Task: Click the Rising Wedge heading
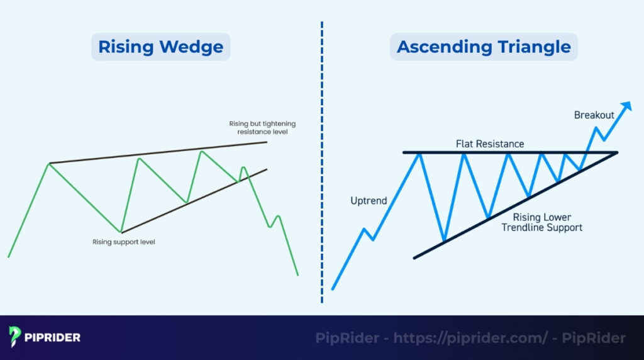[160, 47]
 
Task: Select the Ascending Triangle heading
[484, 47]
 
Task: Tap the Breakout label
[594, 116]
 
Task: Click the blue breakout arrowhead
[626, 106]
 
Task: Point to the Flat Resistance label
[490, 144]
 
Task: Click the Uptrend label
[369, 201]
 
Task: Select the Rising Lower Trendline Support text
[541, 222]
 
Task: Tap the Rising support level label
[123, 242]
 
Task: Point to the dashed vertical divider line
[322, 164]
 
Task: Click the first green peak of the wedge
[49, 164]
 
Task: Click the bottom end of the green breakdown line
[297, 274]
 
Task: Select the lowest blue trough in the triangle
[444, 241]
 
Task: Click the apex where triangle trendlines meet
[617, 152]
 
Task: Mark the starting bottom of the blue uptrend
[332, 289]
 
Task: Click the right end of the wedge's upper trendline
[267, 142]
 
